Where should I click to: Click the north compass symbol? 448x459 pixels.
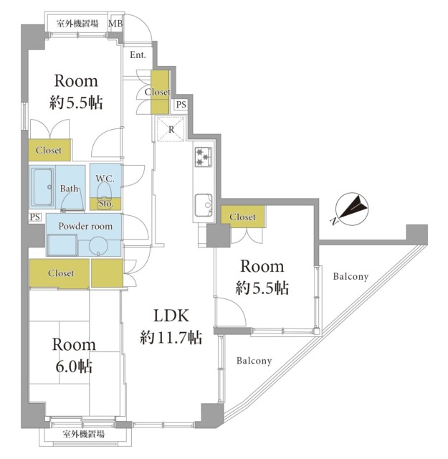coord(352,209)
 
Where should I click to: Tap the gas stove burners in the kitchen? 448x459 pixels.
coord(204,156)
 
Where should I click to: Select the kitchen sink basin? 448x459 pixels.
coord(204,205)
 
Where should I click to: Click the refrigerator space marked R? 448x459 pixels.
coord(171,129)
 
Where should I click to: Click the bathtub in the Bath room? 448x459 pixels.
coord(43,187)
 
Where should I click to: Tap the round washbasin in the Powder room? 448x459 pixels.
coord(98,246)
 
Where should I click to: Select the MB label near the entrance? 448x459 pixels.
coord(115,24)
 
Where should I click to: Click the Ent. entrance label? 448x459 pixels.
coord(138,55)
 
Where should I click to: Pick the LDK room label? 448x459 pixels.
coord(171,316)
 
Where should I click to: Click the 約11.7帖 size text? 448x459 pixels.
coord(171,337)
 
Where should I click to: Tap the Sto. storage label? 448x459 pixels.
coord(105,204)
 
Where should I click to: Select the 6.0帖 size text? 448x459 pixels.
coord(74,366)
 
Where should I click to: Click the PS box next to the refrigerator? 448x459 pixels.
coord(181,105)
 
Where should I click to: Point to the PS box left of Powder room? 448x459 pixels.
coord(35,217)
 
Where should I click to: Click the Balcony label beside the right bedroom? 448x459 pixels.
coord(351,276)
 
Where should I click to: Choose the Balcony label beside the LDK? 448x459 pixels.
coord(254,361)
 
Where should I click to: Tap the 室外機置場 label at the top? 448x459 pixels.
coord(77,24)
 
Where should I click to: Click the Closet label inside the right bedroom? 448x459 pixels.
coord(242,217)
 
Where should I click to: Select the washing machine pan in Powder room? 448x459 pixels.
coord(62,245)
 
